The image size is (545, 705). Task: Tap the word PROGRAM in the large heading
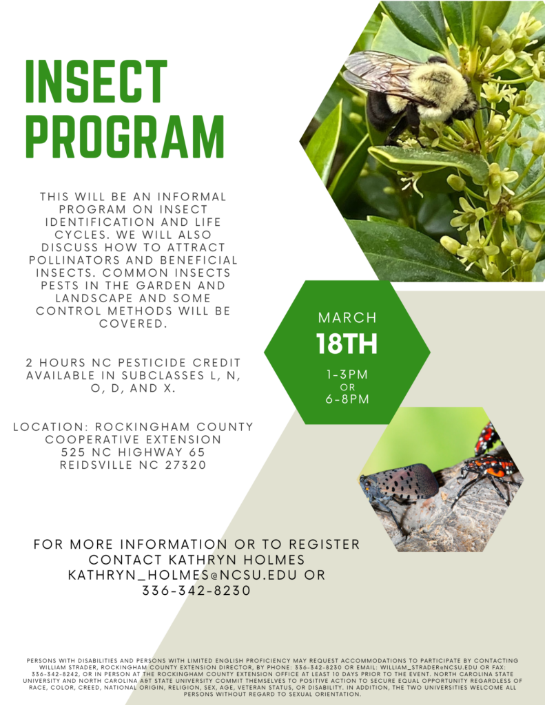pos(125,136)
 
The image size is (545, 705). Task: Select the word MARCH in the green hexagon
pos(347,318)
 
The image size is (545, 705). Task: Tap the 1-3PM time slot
pos(347,375)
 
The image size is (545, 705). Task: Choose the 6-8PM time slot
pos(347,399)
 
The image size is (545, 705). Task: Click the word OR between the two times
pos(347,387)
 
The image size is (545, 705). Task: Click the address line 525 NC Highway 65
pos(133,452)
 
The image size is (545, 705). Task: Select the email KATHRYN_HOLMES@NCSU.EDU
pos(186,574)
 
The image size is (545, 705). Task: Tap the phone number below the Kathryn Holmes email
pos(196,590)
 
